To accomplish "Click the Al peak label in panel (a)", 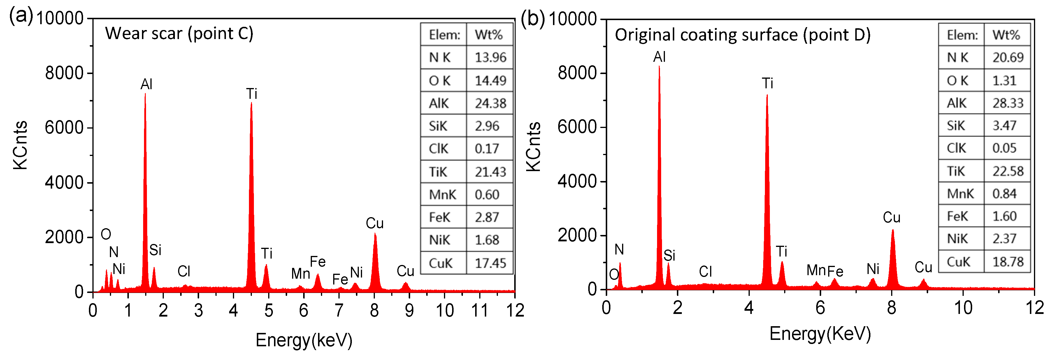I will point(146,85).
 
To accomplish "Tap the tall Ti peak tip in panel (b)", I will point(767,96).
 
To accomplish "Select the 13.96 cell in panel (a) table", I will point(490,57).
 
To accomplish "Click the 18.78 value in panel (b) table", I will point(1008,262).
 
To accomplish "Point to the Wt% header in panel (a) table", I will point(489,35).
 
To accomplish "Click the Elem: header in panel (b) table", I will point(962,35).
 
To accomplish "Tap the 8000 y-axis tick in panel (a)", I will point(64,73).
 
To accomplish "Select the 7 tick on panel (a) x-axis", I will point(339,311).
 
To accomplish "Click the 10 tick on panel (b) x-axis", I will point(963,308).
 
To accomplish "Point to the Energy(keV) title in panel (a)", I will point(304,340).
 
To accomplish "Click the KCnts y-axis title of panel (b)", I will point(533,147).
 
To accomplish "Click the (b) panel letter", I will point(533,19).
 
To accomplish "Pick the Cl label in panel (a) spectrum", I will point(184,271).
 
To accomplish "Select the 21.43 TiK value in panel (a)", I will point(490,172).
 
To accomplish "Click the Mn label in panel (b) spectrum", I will point(816,270).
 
